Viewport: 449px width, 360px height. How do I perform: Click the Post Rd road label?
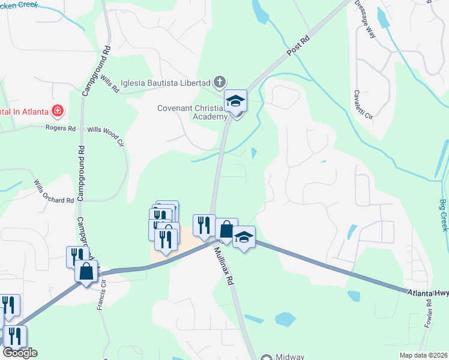(x=298, y=46)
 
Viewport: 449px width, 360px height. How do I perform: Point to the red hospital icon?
(x=58, y=110)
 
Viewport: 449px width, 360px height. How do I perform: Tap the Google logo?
(x=20, y=353)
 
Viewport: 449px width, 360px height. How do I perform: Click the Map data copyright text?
(x=423, y=355)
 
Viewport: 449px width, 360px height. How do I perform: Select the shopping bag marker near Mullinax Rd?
(x=226, y=230)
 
